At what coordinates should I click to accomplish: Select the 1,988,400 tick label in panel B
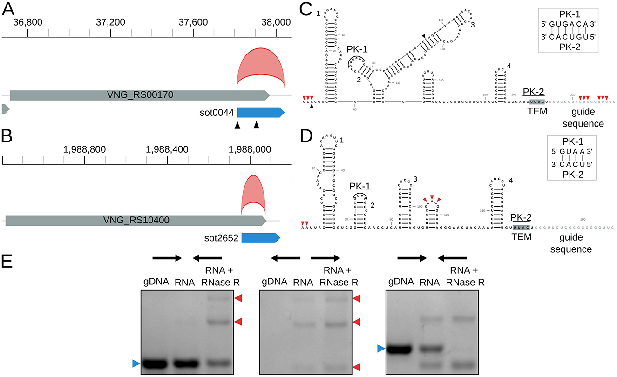(167, 149)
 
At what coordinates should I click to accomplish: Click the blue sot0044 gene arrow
(260, 112)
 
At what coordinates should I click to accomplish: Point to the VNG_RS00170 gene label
(139, 95)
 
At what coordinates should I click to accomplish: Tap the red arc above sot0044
(261, 65)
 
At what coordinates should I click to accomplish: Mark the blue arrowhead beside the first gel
(136, 364)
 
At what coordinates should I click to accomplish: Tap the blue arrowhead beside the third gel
(381, 349)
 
